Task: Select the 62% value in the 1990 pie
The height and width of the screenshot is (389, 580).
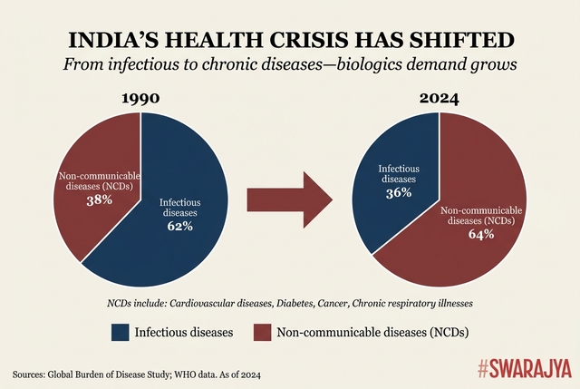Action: pos(179,226)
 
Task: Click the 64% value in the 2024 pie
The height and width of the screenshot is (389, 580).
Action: pos(480,235)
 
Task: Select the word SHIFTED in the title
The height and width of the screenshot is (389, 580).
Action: pos(470,39)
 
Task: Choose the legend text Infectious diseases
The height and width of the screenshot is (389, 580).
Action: pos(183,333)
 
